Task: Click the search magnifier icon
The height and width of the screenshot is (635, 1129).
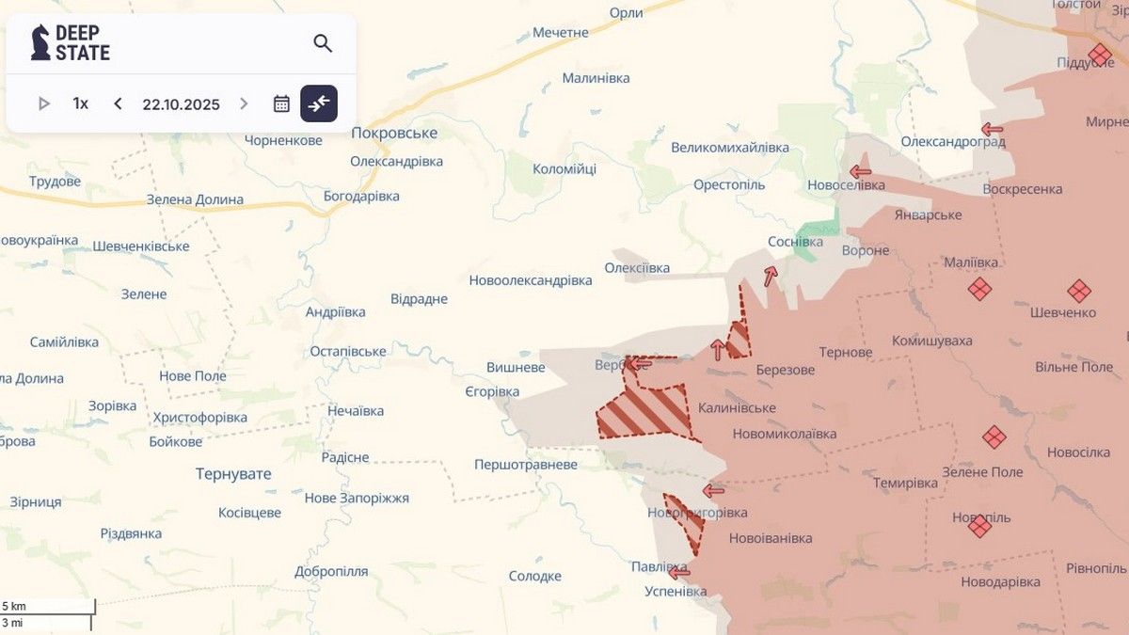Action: (x=323, y=43)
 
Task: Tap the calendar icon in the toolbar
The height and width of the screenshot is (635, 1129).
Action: (x=281, y=103)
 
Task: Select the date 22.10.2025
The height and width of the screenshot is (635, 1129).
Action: (x=181, y=103)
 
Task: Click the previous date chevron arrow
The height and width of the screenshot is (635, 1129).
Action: (x=118, y=103)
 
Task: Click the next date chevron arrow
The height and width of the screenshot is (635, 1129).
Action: (x=245, y=103)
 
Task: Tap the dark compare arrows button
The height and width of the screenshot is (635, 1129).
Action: (x=319, y=103)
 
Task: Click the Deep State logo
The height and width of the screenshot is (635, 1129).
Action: (x=71, y=43)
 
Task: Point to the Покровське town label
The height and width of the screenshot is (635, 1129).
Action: (x=394, y=133)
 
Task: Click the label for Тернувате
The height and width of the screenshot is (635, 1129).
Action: (x=233, y=474)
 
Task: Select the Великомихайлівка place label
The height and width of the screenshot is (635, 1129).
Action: (x=730, y=148)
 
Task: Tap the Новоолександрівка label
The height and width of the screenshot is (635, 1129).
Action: (x=531, y=280)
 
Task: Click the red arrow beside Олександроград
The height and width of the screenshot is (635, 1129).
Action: (x=992, y=129)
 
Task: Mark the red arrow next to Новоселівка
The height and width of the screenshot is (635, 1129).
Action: (x=860, y=171)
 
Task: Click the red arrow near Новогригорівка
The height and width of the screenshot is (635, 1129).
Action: (x=714, y=490)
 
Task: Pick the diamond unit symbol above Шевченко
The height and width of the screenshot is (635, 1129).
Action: (x=1079, y=291)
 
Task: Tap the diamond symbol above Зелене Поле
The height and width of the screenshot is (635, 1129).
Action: (x=994, y=437)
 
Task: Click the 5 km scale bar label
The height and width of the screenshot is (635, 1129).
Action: (x=13, y=605)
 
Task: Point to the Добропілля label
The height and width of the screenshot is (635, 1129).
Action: (x=331, y=571)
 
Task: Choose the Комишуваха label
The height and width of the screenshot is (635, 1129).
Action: (x=931, y=341)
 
